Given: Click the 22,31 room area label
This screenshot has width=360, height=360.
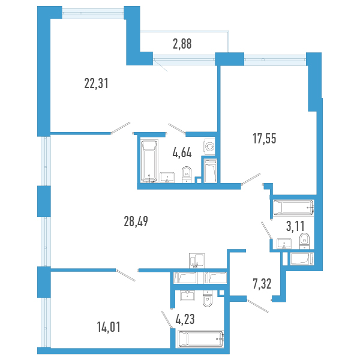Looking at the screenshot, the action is pos(96,83).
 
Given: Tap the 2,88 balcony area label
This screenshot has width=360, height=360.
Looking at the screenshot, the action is pos(182,44).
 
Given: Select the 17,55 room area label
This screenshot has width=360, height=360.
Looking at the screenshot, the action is pos(264,139).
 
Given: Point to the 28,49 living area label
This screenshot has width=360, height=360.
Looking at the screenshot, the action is pos(136,221).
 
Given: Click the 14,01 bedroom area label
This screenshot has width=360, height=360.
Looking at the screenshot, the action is pos(109,327).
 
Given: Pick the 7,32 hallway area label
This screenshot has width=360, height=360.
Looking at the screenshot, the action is pos(262,284).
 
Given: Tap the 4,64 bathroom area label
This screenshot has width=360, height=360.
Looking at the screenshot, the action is pos(182,152).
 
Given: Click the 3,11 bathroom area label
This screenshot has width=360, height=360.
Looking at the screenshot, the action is pos(295,226).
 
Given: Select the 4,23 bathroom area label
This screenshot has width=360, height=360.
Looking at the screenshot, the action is pos(185,319).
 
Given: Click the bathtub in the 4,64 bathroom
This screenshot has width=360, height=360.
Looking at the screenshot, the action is pos(149,161).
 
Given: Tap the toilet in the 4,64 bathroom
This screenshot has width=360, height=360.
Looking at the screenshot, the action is pos(187,175).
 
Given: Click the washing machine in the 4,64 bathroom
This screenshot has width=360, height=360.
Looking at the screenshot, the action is pos(209,146).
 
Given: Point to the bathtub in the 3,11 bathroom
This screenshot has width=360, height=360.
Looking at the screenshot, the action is pos(293,208).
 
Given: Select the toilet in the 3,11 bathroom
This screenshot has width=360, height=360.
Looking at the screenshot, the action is pos(304,241).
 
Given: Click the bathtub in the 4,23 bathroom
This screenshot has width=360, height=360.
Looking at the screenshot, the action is pos(200,339).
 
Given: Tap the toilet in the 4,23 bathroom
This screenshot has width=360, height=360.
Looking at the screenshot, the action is pos(208,298).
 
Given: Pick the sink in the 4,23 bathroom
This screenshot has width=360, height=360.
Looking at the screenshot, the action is pos(187,296).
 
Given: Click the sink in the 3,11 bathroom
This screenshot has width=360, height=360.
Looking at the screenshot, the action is pos(284,244).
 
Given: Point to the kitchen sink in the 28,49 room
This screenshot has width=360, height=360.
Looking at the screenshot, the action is pos(197,261).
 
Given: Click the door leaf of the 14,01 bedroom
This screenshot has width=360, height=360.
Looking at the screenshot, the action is pos(126,275).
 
